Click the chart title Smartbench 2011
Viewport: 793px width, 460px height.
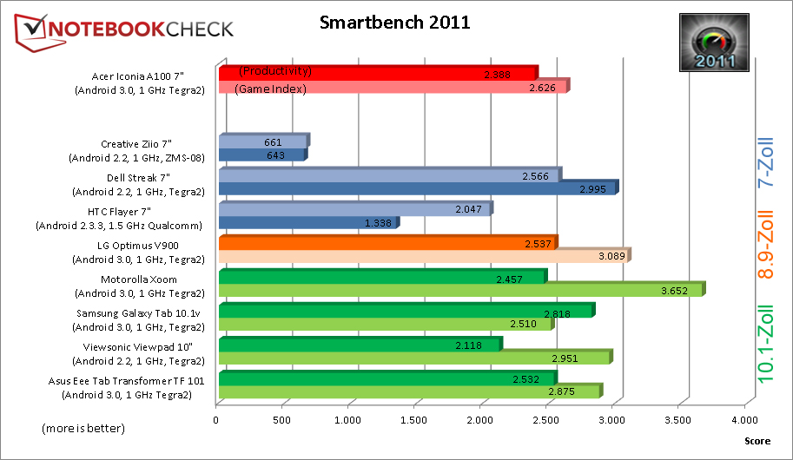point(394,23)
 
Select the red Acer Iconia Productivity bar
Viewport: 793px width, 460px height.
point(378,72)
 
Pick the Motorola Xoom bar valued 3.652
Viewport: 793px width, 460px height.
point(460,291)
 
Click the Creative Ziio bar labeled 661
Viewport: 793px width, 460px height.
point(262,141)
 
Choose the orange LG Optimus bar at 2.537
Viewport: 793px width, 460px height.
point(387,242)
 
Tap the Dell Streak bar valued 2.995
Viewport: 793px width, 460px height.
point(417,189)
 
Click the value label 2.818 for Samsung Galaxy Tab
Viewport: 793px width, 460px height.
point(556,313)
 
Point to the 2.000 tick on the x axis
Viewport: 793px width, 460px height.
point(480,421)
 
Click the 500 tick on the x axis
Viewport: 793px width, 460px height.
point(282,421)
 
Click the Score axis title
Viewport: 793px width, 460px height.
point(757,441)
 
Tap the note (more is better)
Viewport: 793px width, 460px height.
point(83,429)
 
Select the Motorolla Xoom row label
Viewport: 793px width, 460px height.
point(139,286)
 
